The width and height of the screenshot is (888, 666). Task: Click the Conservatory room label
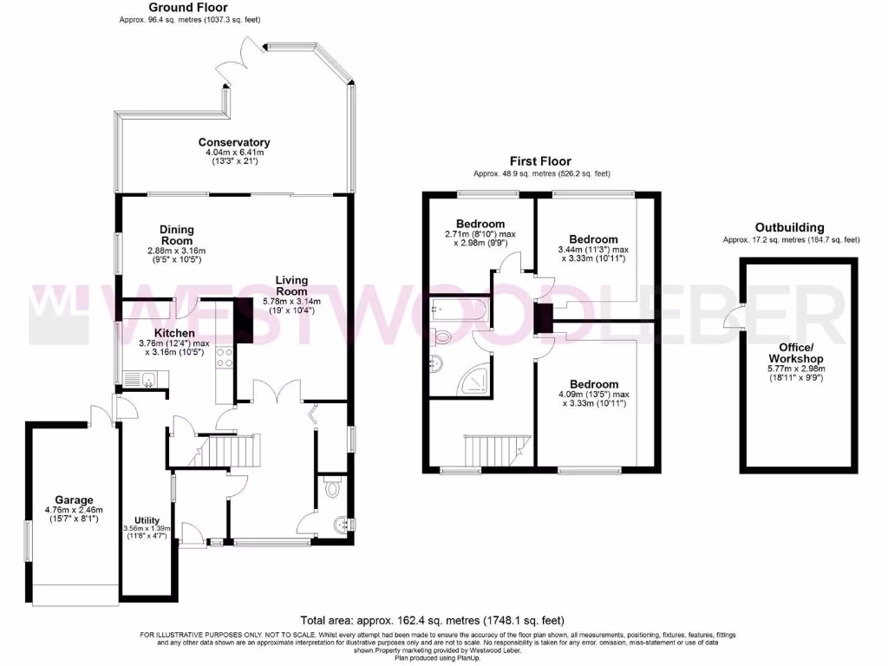pos(234,142)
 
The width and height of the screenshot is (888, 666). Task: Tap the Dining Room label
pos(176,235)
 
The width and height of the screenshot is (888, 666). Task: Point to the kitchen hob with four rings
pos(223,356)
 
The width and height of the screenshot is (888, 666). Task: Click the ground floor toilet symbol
pos(331,490)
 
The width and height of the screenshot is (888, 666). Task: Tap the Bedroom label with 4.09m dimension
pos(594,384)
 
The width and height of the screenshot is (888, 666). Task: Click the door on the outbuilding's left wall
pos(735,317)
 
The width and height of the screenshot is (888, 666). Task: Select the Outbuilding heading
pos(789,227)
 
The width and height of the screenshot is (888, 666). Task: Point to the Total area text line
pos(432,620)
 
